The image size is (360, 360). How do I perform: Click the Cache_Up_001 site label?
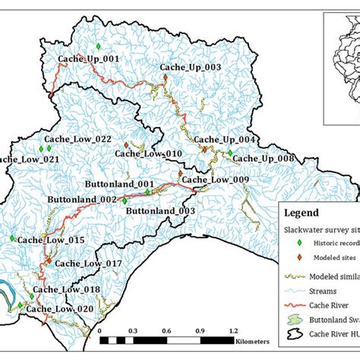(x=89, y=58)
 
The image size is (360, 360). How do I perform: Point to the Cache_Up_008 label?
(x=263, y=158)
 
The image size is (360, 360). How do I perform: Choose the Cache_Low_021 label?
(x=29, y=159)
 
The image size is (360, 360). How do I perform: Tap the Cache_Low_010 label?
(x=148, y=153)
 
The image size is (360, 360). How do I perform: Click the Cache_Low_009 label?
(x=215, y=180)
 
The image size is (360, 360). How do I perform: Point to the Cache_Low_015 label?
(x=51, y=240)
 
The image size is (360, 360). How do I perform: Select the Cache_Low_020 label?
(x=60, y=309)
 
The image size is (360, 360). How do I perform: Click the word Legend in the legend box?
(x=302, y=213)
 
